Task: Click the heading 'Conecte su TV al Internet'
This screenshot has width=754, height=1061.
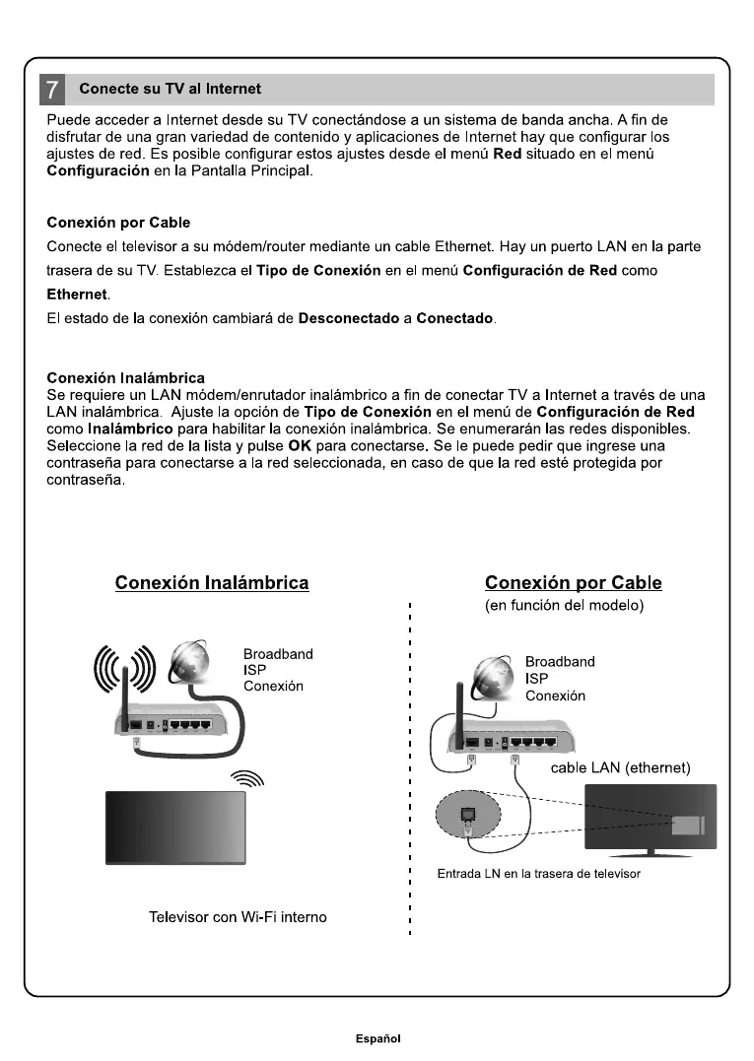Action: coord(170,89)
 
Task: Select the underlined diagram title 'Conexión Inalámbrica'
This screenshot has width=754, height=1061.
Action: coord(212,582)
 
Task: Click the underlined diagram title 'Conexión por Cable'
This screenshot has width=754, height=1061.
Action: coord(574,582)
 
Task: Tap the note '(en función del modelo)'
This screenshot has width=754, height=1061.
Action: coord(565,605)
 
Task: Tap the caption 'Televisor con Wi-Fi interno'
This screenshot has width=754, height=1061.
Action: coord(238,917)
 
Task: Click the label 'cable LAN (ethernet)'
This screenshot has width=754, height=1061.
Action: coord(620,767)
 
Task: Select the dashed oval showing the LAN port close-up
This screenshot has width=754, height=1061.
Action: coord(468,813)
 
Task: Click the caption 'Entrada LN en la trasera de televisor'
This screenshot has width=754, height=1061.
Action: coord(539,874)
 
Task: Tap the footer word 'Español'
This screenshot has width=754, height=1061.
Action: coord(378,1037)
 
